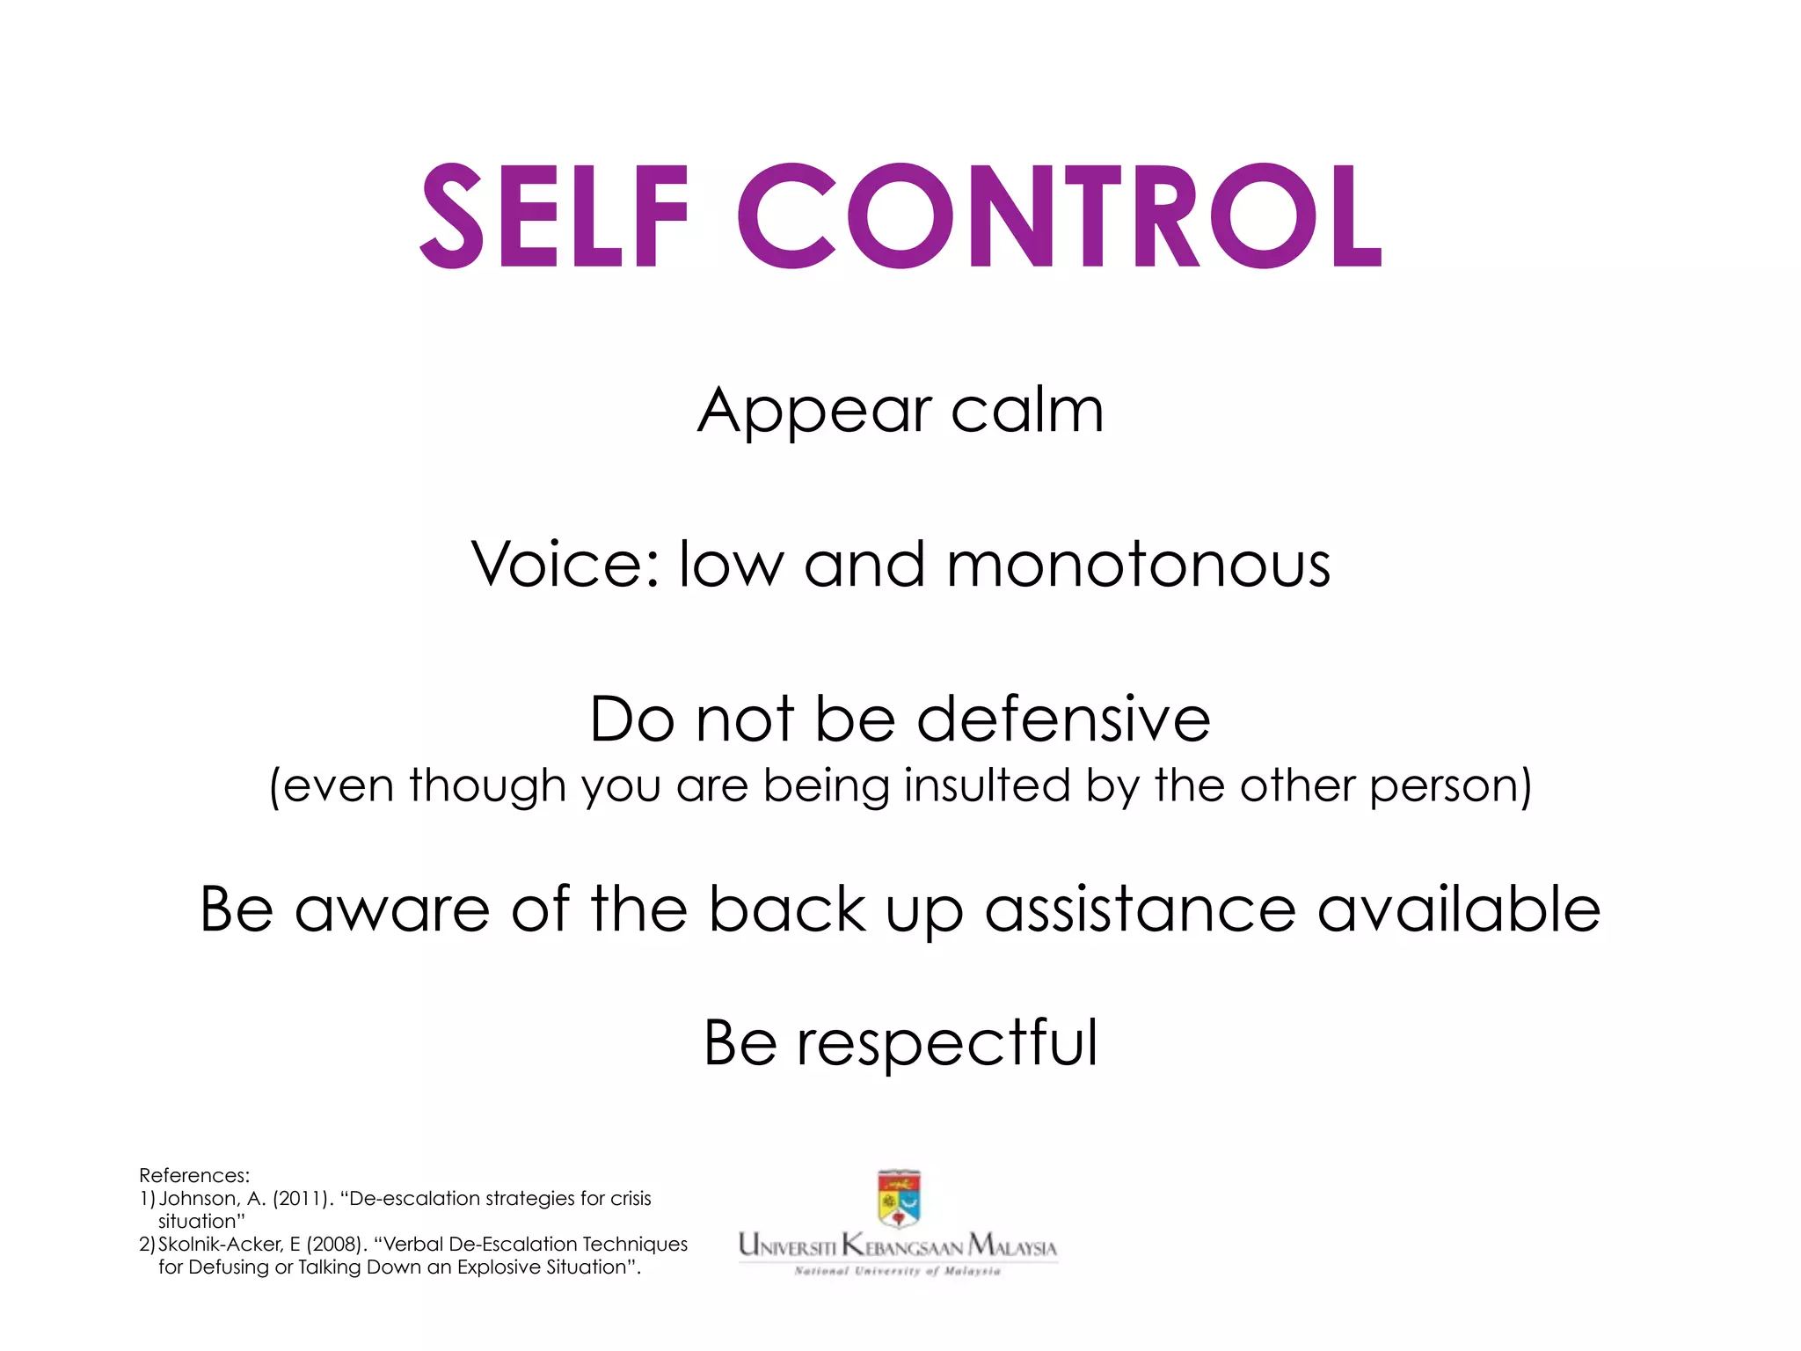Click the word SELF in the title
click(554, 216)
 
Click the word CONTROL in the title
click(1060, 216)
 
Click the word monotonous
click(1138, 564)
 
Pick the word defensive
click(1064, 719)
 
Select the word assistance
click(1140, 909)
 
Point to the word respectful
click(947, 1043)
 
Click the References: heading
click(194, 1176)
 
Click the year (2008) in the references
click(336, 1245)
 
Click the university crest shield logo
click(899, 1198)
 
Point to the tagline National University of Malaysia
click(897, 1271)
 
